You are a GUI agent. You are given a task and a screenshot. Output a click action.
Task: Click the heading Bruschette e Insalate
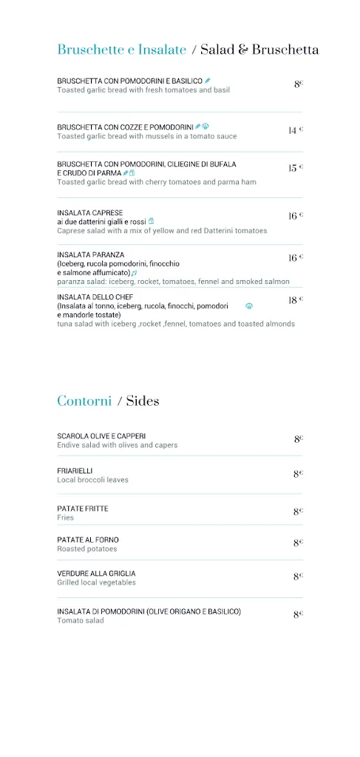(122, 50)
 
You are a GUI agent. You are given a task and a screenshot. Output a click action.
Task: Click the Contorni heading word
(84, 401)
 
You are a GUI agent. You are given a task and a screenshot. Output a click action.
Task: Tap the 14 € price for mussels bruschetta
(296, 130)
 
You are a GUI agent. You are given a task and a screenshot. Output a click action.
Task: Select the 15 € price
(296, 168)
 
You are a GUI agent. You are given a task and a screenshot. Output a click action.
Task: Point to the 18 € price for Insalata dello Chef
(296, 300)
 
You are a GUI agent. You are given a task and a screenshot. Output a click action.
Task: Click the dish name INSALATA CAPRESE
(90, 213)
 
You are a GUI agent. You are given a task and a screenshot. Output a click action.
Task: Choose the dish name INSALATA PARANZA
(91, 254)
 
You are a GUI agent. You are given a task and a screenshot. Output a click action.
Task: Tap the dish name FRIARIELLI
(75, 470)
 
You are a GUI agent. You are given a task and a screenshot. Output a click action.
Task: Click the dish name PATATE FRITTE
(83, 509)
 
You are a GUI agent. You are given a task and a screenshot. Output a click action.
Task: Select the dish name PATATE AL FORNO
(88, 540)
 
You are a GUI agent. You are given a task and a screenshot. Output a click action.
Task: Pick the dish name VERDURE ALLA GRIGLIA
(96, 573)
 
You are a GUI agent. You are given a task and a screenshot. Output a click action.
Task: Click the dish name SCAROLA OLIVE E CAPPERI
(101, 436)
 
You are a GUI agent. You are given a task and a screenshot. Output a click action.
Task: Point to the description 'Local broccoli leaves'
(92, 480)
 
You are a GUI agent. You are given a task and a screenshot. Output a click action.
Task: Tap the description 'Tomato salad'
(81, 620)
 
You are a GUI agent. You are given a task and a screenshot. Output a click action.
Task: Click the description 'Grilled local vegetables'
(96, 583)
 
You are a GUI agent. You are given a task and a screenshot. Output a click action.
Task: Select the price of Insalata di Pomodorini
(299, 614)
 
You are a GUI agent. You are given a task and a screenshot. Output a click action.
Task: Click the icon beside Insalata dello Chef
(249, 305)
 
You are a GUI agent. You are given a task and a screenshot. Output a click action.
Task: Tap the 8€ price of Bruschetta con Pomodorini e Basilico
(299, 84)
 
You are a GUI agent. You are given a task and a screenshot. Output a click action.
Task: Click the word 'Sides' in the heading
(143, 401)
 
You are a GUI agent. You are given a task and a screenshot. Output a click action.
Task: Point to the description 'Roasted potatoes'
(87, 549)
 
